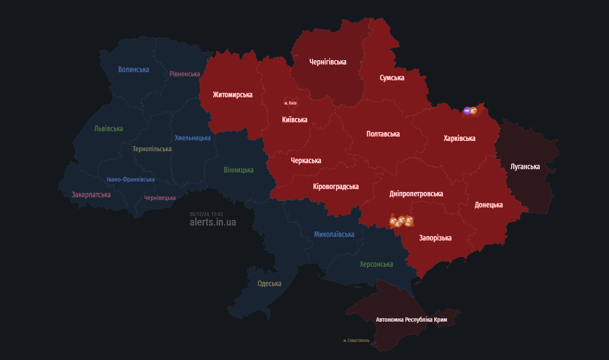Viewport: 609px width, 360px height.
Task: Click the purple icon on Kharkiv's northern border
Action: tap(467, 111)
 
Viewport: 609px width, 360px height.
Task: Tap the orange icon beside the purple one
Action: tap(473, 111)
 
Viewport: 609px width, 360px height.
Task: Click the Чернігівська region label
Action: tap(328, 62)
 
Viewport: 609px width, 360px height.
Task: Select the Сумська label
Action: tap(392, 78)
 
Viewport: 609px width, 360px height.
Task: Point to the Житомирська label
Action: tap(232, 95)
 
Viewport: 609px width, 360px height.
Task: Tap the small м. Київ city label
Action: tap(290, 103)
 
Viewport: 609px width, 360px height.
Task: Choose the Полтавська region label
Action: tap(383, 134)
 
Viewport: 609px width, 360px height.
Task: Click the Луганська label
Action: tap(525, 166)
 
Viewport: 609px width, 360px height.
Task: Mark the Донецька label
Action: tap(488, 205)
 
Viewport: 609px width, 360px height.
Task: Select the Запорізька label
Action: tap(435, 238)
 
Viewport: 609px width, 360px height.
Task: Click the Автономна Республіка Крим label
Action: tap(411, 320)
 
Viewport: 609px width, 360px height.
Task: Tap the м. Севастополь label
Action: tap(356, 340)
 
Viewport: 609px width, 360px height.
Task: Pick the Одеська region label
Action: tap(269, 284)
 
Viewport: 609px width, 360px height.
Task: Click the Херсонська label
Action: tap(376, 264)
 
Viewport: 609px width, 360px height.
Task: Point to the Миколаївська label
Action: tap(334, 234)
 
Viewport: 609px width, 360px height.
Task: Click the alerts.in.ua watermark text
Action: tap(213, 223)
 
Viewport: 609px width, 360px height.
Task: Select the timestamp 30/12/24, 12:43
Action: tap(206, 214)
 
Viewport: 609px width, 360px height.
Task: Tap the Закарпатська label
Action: tap(91, 195)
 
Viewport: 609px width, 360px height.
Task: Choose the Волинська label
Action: tap(134, 70)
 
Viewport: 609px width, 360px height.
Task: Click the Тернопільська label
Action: tap(152, 149)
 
